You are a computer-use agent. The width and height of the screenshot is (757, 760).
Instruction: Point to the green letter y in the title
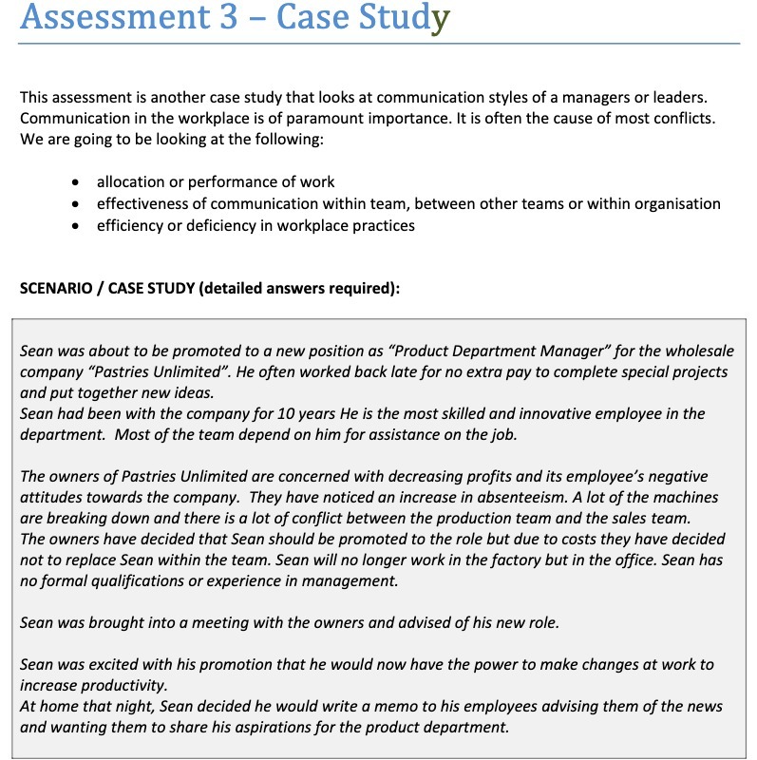(x=439, y=19)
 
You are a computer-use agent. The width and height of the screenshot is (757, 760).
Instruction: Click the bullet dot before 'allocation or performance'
(x=76, y=181)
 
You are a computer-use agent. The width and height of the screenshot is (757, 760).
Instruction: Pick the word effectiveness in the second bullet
(x=142, y=203)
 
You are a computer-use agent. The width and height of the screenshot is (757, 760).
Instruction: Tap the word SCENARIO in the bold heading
(x=58, y=289)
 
